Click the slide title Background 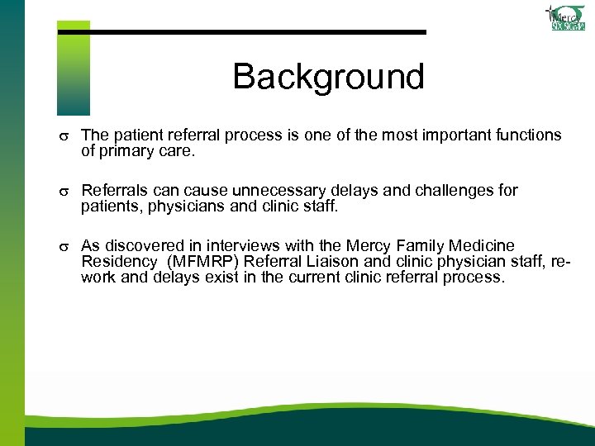pos(328,77)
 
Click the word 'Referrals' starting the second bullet pos(113,191)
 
